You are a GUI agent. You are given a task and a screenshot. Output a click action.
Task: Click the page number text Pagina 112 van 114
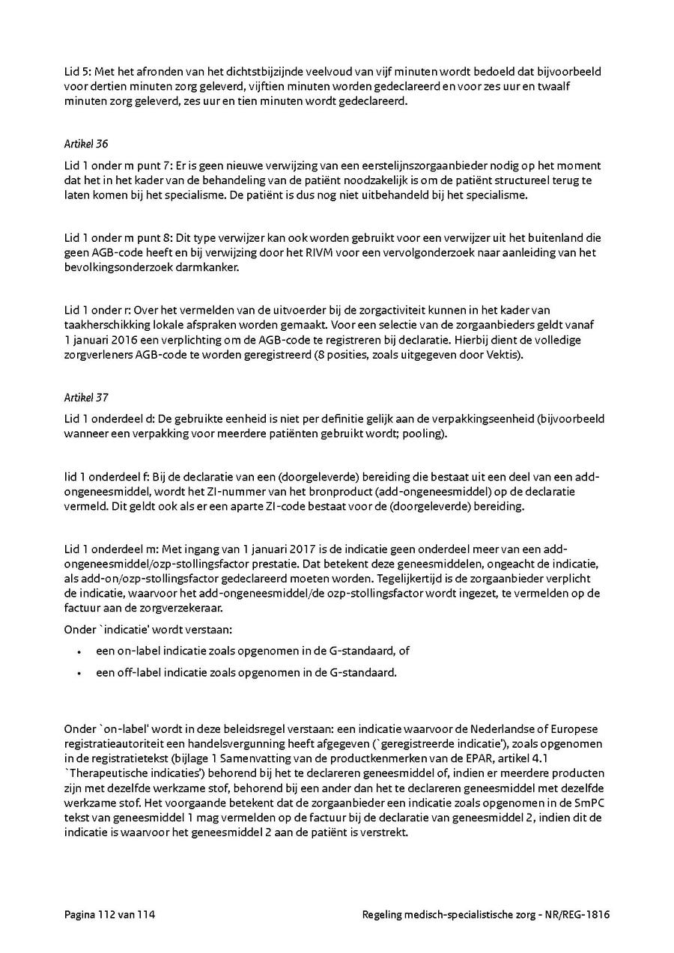[x=109, y=914]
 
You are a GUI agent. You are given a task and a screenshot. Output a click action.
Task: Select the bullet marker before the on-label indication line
[x=79, y=651]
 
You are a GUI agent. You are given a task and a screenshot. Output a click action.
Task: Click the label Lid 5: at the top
[x=77, y=71]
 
